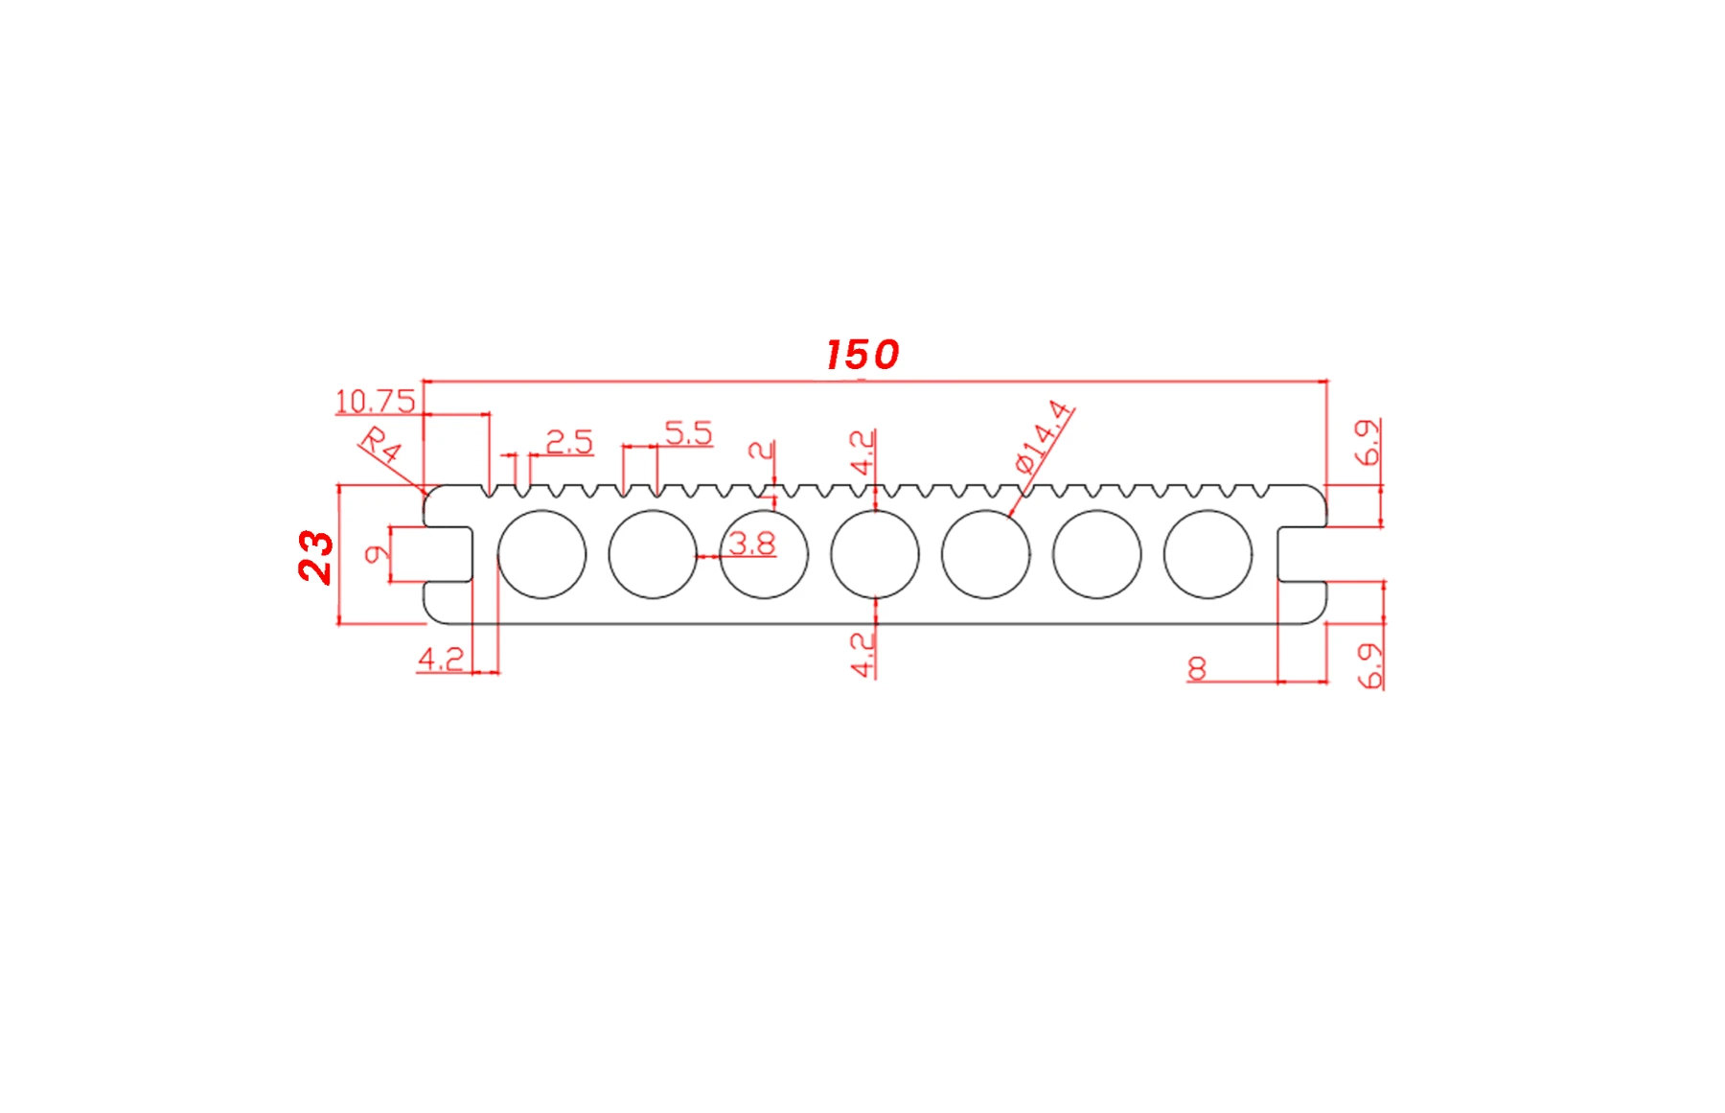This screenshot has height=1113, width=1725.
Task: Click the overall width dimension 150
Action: pos(862,355)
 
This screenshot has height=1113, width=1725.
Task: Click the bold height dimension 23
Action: pos(315,556)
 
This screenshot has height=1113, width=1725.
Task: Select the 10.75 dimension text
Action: pos(376,401)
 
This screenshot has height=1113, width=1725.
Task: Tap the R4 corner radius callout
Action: pos(380,446)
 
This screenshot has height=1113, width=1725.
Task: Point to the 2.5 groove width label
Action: pos(569,442)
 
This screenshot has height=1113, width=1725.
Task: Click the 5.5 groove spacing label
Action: pos(688,433)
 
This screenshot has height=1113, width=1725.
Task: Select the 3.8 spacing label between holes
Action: pos(752,545)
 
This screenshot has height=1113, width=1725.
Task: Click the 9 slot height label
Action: pos(377,554)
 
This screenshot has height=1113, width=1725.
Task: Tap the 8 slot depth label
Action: pos(1197,668)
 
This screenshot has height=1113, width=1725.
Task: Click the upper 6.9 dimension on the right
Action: pos(1368,442)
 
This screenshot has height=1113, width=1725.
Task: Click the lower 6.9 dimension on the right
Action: pos(1370,665)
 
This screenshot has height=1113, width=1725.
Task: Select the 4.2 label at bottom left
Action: pos(441,659)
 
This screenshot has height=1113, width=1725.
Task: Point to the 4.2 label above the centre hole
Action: pos(862,452)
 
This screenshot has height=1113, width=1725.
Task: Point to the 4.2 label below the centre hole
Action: pos(862,654)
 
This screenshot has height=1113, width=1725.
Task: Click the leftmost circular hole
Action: pos(541,554)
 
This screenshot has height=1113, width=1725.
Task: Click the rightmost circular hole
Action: pos(1207,554)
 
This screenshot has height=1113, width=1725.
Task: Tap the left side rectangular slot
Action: pos(448,554)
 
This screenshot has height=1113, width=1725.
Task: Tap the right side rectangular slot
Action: pos(1302,554)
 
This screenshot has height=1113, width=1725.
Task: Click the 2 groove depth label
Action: pos(761,450)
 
